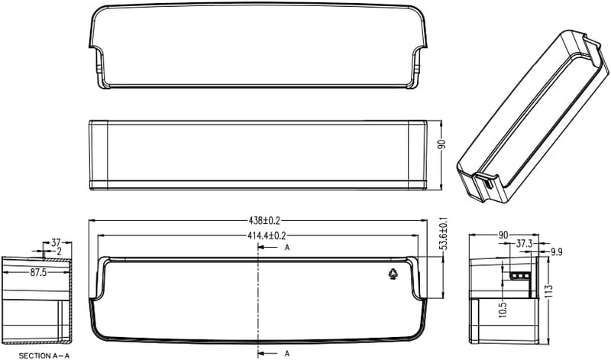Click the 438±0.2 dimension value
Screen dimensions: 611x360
(264, 221)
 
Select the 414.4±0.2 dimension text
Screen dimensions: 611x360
(267, 235)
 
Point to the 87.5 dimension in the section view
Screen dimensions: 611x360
(38, 273)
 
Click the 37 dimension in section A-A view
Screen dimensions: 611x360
(56, 243)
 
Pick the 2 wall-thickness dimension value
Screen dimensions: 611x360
(60, 251)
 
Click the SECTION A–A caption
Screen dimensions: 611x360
(44, 355)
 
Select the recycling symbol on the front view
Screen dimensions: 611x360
(393, 274)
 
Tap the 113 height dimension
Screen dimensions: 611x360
(550, 291)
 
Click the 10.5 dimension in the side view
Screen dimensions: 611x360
(503, 310)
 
